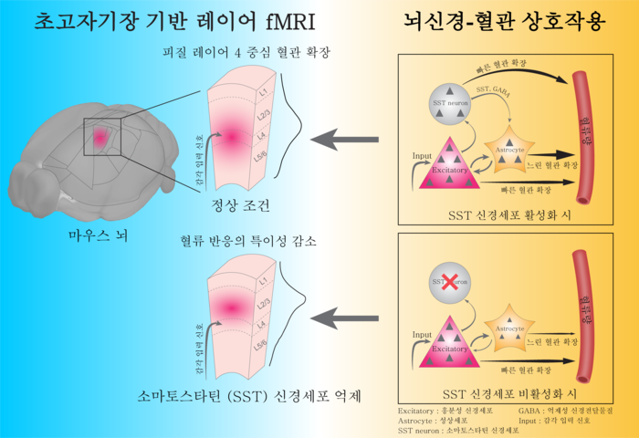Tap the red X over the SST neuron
coord(446,283)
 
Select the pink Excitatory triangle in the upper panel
coord(449,165)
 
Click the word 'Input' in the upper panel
coord(421,156)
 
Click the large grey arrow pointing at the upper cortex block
coord(344,141)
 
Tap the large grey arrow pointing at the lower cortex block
coord(344,317)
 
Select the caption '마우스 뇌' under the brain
coord(99,235)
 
